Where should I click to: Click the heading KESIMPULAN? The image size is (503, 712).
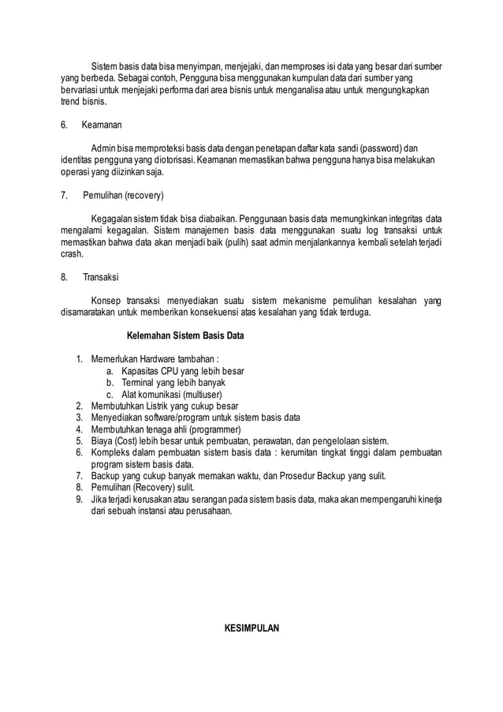coord(251,628)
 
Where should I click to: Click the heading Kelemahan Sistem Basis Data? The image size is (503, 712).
coord(185,335)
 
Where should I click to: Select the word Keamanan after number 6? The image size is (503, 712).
coord(101,125)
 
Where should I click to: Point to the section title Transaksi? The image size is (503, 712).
coord(100,277)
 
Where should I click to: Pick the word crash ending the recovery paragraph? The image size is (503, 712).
coord(72,254)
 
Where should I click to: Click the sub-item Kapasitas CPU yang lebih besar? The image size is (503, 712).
coord(183,371)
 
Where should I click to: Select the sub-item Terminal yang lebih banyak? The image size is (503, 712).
coord(173,383)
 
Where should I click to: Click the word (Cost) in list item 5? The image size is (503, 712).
coord(129,440)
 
